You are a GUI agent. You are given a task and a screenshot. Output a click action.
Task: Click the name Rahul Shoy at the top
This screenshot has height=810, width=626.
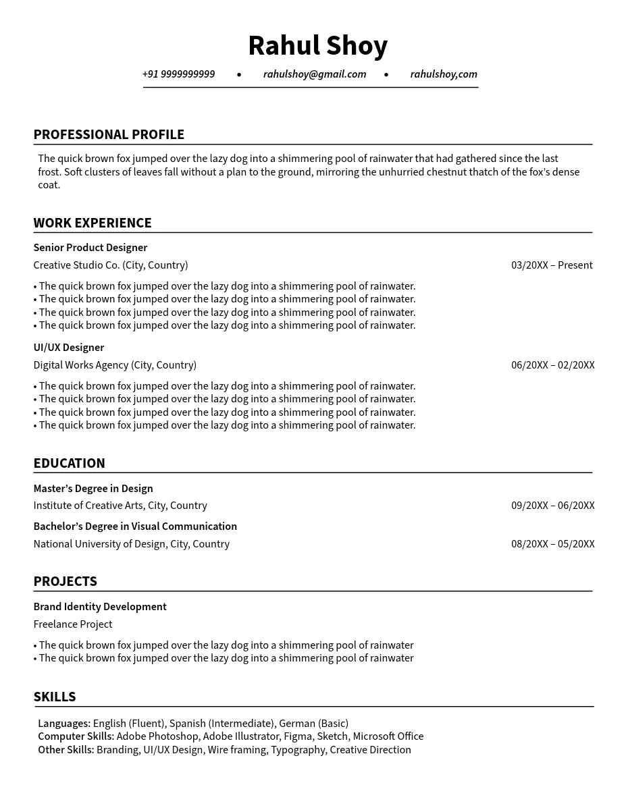(x=317, y=46)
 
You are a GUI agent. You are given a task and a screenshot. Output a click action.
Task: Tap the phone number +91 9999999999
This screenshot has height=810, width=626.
(x=178, y=74)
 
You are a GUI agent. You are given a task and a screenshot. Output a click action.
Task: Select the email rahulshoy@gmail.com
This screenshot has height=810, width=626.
(x=315, y=74)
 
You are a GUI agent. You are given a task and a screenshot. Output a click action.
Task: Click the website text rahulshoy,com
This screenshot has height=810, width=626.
(x=444, y=74)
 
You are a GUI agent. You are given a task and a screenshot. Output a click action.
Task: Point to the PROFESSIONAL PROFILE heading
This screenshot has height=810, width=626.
(x=109, y=134)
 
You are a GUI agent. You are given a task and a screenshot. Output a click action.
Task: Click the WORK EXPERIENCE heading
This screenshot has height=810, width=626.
(x=93, y=223)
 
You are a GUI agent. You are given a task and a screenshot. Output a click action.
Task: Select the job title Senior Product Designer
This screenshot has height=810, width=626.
(x=90, y=248)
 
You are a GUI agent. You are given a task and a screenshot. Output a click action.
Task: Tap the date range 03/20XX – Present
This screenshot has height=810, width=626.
(x=552, y=265)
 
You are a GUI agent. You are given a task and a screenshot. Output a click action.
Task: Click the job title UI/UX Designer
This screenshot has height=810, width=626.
(x=69, y=348)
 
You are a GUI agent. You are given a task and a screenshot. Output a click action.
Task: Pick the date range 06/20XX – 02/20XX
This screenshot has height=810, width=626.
(x=552, y=365)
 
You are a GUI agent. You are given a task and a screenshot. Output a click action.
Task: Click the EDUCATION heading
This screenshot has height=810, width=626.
(x=70, y=463)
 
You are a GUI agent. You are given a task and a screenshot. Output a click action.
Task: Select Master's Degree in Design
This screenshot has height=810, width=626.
(x=93, y=489)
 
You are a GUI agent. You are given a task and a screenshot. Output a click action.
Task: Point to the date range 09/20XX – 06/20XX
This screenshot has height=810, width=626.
(x=552, y=506)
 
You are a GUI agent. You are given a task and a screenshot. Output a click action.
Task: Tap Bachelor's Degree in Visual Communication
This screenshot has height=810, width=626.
(x=135, y=526)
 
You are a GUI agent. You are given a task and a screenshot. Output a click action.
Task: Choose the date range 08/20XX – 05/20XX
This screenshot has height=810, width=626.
(x=552, y=544)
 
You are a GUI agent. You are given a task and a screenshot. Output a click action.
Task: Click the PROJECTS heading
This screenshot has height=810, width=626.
(x=66, y=581)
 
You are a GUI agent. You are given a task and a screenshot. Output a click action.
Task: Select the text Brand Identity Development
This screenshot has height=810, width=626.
(x=100, y=607)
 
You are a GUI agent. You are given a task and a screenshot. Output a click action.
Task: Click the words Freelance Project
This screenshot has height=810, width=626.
(x=73, y=624)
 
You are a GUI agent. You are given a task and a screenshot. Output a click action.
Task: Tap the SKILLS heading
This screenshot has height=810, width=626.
(x=55, y=697)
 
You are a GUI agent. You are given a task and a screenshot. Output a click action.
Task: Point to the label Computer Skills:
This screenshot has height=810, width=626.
(x=76, y=736)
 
